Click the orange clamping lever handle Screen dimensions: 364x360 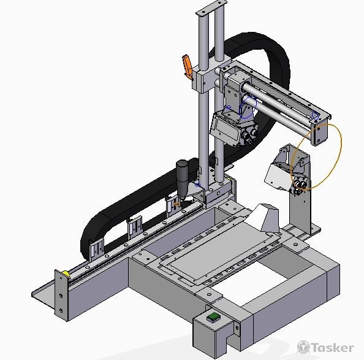pos(188,66)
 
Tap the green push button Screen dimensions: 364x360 pos(213,316)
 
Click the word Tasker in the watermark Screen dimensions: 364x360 pos(333,348)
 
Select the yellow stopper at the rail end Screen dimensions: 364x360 pos(66,274)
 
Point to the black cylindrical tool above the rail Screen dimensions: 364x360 pos(183,178)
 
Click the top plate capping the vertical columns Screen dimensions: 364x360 pos(211,8)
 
